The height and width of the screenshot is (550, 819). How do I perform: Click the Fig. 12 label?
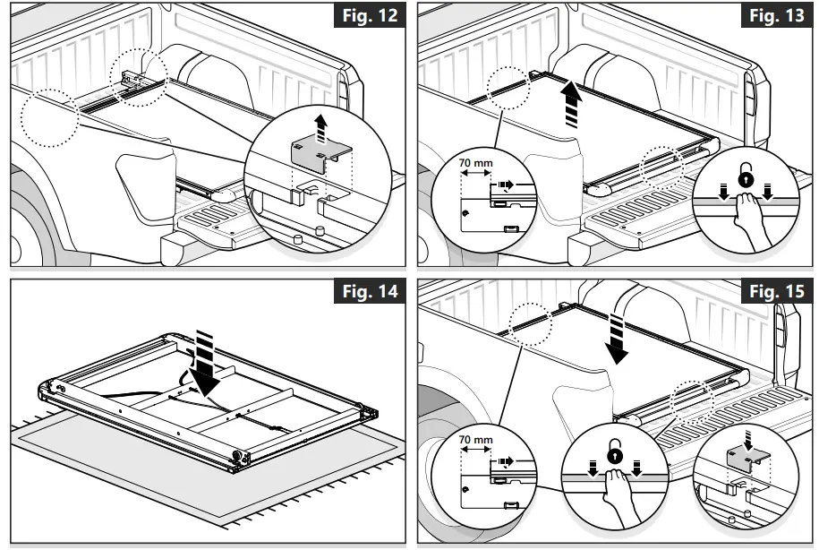[367, 17]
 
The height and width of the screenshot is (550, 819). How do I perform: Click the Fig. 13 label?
[776, 17]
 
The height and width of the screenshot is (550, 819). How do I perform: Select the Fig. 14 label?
[367, 293]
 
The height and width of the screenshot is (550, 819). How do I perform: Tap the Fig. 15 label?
[776, 293]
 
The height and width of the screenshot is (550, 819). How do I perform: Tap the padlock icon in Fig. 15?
[615, 455]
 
